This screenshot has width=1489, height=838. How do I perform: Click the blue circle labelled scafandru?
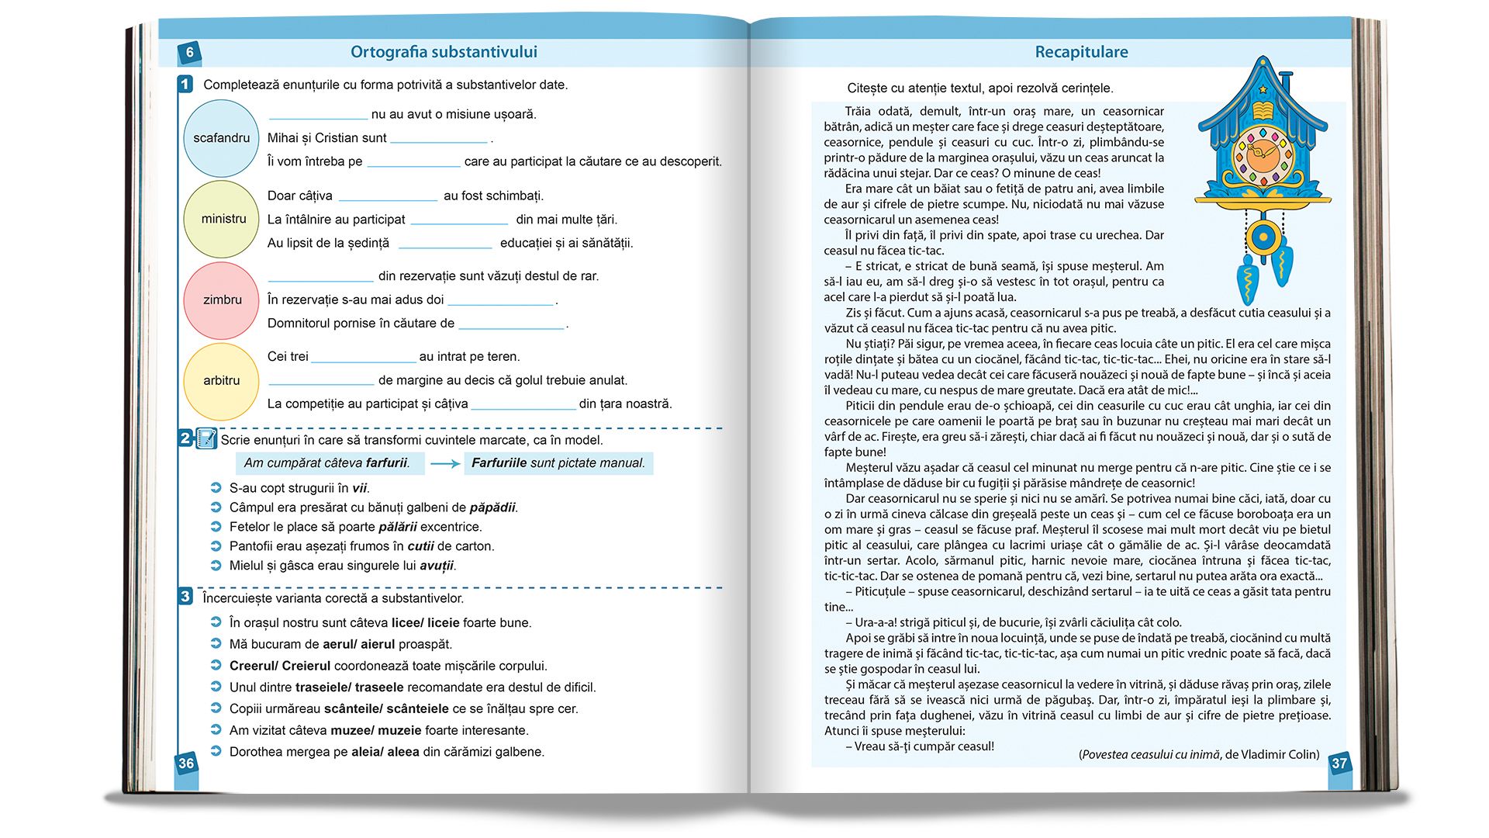pos(221,138)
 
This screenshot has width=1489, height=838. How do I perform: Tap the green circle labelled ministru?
pos(221,219)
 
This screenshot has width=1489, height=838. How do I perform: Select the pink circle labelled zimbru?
pos(221,300)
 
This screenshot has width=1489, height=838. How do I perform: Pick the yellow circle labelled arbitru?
pos(221,381)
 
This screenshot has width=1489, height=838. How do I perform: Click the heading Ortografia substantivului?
pos(444,52)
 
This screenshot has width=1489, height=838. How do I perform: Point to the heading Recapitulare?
pos(1081,52)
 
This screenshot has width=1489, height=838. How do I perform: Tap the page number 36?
pos(186,763)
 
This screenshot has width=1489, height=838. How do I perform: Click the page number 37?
pos(1339,763)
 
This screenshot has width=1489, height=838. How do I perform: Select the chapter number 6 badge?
pos(189,52)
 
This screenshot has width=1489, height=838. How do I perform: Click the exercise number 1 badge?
pos(185,84)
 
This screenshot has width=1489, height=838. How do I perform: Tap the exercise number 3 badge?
pos(185,597)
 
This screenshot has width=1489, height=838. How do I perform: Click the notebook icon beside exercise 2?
pos(206,438)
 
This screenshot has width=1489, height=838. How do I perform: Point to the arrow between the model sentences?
pos(445,463)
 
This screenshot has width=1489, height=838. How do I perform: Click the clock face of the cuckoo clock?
pos(1263,153)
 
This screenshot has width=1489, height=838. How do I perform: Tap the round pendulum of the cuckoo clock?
pos(1263,237)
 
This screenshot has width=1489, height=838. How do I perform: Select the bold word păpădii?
pos(492,507)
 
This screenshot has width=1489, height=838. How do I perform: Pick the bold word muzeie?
pos(400,730)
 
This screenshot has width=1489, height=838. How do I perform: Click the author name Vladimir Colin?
pos(1280,754)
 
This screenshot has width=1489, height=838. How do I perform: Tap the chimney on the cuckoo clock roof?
pos(1286,81)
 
